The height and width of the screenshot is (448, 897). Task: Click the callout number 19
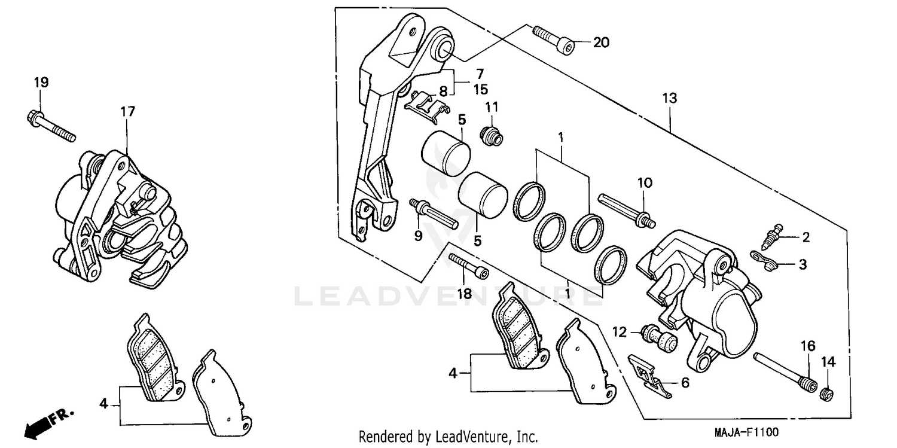pyautogui.click(x=41, y=82)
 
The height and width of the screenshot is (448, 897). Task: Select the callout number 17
pyautogui.click(x=127, y=111)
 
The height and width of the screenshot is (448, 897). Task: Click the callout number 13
pyautogui.click(x=670, y=98)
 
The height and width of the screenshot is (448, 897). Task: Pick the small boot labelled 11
pyautogui.click(x=492, y=136)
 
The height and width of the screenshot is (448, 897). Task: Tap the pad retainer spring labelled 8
pyautogui.click(x=426, y=105)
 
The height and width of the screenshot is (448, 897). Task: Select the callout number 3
pyautogui.click(x=803, y=264)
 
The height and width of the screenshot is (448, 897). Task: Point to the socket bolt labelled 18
pyautogui.click(x=468, y=266)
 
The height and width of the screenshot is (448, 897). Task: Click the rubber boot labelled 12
pyautogui.click(x=658, y=337)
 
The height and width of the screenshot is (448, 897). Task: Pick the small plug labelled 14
pyautogui.click(x=827, y=394)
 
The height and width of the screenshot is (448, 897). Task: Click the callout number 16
pyautogui.click(x=808, y=346)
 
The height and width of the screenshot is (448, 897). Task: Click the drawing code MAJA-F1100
pyautogui.click(x=747, y=432)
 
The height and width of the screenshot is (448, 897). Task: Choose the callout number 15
pyautogui.click(x=480, y=90)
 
